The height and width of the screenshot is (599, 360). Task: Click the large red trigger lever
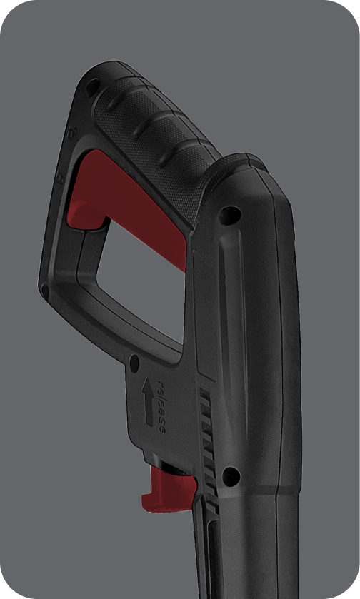pyautogui.click(x=126, y=198)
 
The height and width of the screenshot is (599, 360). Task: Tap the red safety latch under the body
pyautogui.click(x=169, y=490)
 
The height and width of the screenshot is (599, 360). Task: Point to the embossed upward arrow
pyautogui.click(x=149, y=401)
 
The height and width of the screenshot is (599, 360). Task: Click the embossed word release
pyautogui.click(x=161, y=406)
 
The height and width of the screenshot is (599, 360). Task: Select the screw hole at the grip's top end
pyautogui.click(x=92, y=88)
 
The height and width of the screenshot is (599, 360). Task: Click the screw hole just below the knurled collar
pyautogui.click(x=230, y=215)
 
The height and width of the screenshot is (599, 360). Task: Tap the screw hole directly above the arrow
pyautogui.click(x=134, y=363)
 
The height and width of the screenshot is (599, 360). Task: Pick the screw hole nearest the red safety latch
pyautogui.click(x=231, y=477)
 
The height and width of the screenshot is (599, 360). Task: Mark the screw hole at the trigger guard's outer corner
pyautogui.click(x=45, y=291)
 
